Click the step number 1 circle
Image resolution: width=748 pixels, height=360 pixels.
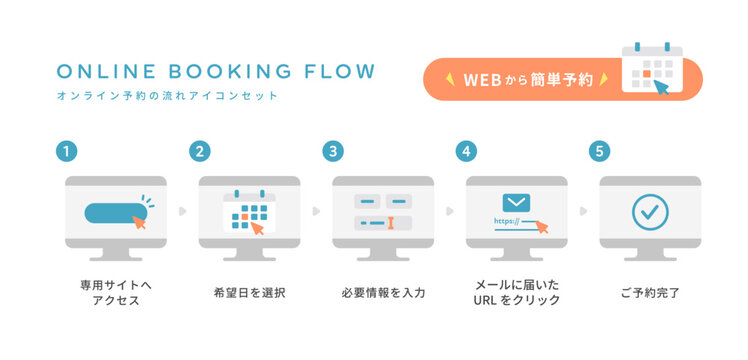[x=66, y=152]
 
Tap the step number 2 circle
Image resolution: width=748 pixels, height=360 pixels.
[x=200, y=152]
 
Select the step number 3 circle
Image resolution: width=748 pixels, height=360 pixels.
[x=333, y=152]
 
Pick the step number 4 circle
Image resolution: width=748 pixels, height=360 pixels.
[x=466, y=152]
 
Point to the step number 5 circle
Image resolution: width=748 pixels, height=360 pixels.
[x=599, y=152]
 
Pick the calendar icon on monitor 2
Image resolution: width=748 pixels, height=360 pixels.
[x=247, y=211]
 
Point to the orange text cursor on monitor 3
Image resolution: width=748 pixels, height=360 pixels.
[x=392, y=221]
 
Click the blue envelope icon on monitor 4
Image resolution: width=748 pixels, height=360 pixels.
[x=516, y=204]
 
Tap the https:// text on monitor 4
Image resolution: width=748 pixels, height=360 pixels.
[x=505, y=222]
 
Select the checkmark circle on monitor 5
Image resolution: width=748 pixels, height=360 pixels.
[x=649, y=211]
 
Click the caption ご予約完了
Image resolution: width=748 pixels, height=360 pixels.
[x=649, y=293]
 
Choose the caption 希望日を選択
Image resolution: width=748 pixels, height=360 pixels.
[x=249, y=293]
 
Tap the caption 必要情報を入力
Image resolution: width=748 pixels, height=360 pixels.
[x=383, y=293]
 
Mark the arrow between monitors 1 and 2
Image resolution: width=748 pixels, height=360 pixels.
[x=182, y=212]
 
